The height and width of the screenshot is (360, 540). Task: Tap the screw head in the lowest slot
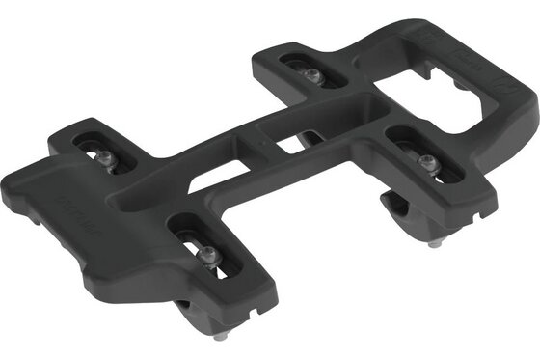209,252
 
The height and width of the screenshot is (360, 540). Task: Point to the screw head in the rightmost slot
429,165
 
